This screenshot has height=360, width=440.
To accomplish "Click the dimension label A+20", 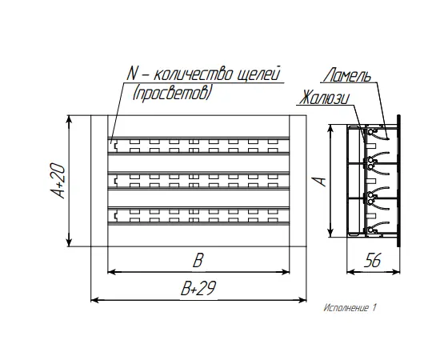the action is (x=58, y=181).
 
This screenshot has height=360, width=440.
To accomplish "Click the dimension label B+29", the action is (x=198, y=288).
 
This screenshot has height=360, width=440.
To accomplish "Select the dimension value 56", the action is (x=373, y=260).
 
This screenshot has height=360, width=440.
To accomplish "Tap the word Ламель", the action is (x=348, y=74).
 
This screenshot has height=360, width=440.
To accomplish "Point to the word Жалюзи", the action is (x=325, y=98).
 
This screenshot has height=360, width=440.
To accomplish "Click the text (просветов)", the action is (x=171, y=93).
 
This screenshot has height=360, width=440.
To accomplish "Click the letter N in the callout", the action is (x=133, y=74).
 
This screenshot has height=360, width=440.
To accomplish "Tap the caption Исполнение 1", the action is (x=350, y=308).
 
